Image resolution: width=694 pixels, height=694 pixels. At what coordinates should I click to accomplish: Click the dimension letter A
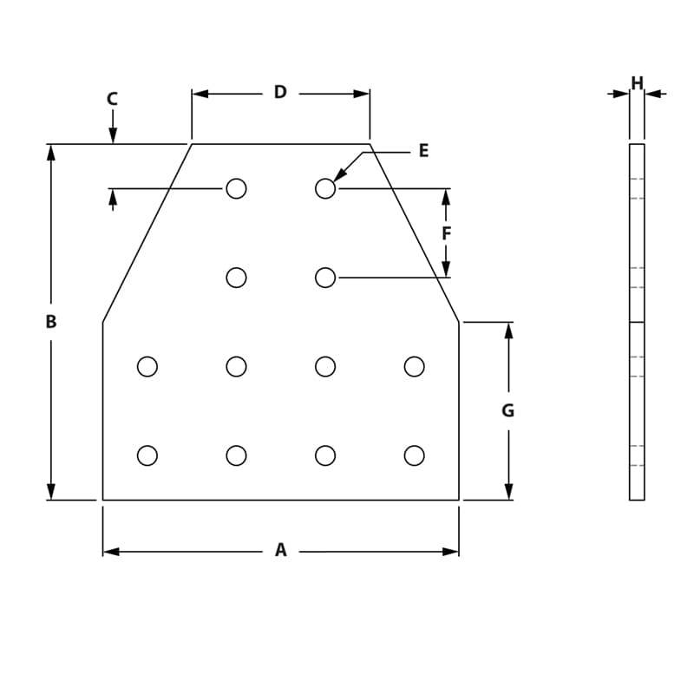tap(280, 550)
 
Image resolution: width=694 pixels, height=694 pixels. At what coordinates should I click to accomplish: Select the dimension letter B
tap(51, 322)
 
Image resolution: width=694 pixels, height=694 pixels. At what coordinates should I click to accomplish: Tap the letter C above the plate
tap(112, 99)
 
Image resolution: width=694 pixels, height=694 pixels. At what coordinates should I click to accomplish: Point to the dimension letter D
tap(280, 92)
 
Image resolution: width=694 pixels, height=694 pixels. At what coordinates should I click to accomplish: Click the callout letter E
tap(423, 151)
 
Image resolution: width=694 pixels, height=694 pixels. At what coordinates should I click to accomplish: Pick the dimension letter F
tap(446, 233)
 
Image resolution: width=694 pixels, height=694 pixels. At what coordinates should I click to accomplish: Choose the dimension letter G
tap(508, 411)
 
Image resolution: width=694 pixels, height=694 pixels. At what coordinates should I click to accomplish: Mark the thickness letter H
tap(637, 83)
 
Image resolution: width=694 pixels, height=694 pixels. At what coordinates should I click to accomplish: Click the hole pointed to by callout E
tap(325, 188)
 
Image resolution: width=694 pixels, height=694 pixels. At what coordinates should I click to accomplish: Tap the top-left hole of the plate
tap(236, 188)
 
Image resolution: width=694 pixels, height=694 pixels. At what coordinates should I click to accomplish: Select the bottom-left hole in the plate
tap(147, 455)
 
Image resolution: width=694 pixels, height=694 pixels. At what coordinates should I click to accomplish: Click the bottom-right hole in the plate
tap(415, 455)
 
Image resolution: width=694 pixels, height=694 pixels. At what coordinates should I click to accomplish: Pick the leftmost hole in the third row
tap(147, 367)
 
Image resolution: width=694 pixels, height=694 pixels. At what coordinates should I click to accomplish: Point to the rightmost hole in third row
tap(415, 367)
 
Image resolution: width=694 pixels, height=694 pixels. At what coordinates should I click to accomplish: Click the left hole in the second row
tap(236, 278)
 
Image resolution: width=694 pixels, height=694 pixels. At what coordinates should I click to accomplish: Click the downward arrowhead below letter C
tap(113, 135)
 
